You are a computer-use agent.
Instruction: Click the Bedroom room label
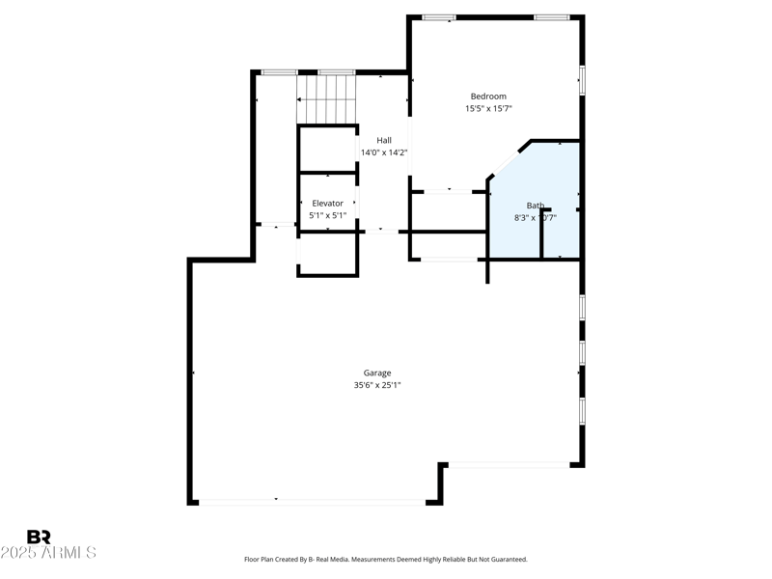[x=487, y=96]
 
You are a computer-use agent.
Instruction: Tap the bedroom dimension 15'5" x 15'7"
[x=487, y=109]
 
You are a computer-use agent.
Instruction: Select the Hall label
[x=383, y=141]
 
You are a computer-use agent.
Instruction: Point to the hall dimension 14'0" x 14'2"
[x=383, y=152]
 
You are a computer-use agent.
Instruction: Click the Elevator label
[x=327, y=204]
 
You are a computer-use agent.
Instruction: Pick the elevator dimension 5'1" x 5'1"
[x=327, y=215]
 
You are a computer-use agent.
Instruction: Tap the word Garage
[x=376, y=373]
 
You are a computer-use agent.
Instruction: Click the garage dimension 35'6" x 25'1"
[x=376, y=385]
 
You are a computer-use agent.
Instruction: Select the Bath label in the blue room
[x=535, y=206]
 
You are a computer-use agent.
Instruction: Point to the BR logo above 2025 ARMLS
[x=39, y=538]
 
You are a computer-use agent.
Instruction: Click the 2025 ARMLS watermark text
[x=48, y=553]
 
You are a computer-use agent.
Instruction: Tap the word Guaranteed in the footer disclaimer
[x=508, y=560]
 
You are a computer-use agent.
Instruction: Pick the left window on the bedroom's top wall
[x=439, y=17]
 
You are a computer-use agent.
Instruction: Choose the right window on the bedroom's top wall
[x=550, y=17]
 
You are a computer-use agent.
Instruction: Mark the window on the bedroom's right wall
[x=582, y=79]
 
